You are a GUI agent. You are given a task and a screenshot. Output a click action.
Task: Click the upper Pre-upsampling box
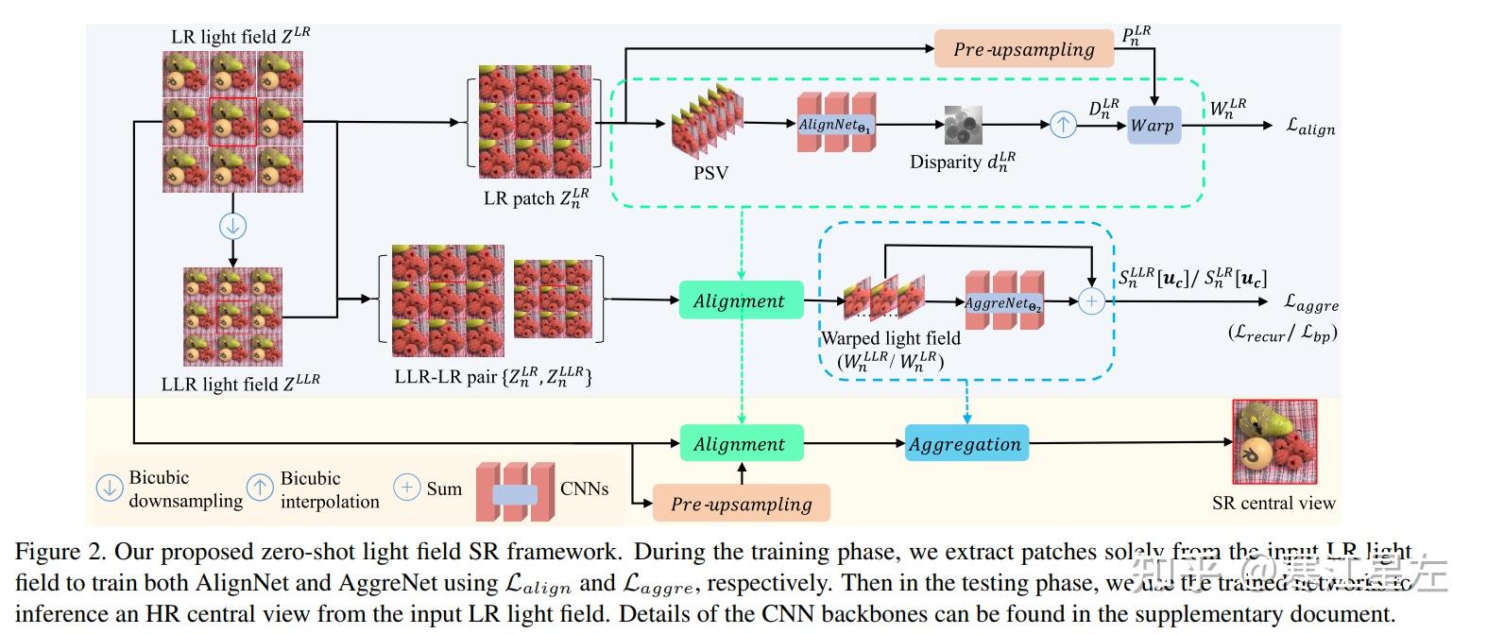1023,49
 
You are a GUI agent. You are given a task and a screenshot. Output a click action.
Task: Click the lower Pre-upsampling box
741,504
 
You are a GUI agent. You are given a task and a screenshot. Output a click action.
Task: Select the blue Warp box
1153,125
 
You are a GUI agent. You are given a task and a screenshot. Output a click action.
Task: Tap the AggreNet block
1003,302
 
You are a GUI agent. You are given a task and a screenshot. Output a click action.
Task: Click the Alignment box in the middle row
740,300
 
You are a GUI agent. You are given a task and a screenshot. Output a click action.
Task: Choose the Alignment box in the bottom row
740,443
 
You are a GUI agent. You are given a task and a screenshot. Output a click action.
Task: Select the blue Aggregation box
966,443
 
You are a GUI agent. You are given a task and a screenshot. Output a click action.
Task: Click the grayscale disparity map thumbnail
963,125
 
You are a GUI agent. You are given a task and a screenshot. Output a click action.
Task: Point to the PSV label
710,173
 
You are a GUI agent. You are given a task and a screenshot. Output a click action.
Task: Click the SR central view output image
1273,441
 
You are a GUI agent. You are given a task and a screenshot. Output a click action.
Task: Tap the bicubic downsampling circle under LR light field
232,226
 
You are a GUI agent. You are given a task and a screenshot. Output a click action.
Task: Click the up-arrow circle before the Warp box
1063,124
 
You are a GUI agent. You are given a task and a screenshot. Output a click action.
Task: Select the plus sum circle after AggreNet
1091,301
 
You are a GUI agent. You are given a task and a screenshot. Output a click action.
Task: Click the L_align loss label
1310,126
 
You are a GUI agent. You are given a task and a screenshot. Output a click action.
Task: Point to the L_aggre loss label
1311,302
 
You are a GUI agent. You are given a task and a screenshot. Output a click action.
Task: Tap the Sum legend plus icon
406,488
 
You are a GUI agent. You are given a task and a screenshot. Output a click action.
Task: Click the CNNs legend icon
515,491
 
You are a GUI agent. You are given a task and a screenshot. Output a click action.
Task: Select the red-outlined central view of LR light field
232,121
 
